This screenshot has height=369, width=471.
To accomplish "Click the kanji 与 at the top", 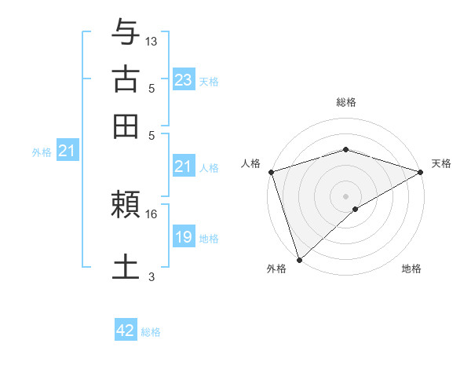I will coord(125,34).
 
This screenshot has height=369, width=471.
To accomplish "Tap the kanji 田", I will coord(125,126).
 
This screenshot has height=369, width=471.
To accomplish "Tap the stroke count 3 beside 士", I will coord(152,276).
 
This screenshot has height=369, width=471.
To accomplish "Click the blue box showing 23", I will coord(184,80).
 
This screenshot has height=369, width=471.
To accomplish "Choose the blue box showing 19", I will coord(184,237).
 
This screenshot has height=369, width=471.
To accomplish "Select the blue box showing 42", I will coord(126,331).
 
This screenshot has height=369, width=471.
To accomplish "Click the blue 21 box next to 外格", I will coord(67,152).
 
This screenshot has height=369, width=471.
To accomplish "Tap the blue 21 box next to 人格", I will coord(183,166).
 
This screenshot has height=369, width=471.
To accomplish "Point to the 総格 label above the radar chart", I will coord(345,103).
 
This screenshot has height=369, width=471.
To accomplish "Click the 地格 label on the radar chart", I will coord(411,269).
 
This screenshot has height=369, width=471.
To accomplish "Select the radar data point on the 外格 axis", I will coord(300,259).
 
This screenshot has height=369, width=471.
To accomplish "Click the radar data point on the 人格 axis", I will coord(271,172).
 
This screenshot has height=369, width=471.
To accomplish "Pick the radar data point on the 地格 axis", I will coord(356,209).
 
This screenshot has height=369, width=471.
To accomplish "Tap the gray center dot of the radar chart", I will coord(345,195).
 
